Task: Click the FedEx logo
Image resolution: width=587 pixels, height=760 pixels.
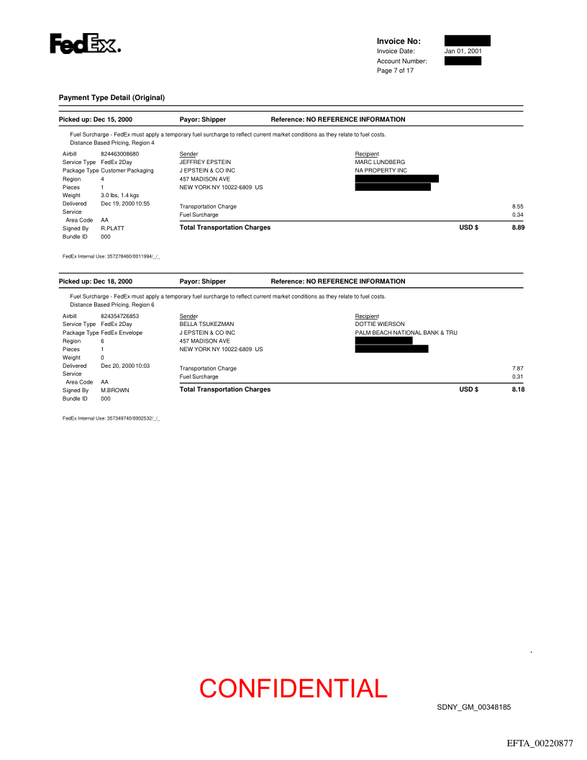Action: click(84, 45)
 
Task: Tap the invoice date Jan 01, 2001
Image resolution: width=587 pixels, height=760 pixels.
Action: click(463, 51)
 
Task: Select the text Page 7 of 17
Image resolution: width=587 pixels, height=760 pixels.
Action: click(395, 71)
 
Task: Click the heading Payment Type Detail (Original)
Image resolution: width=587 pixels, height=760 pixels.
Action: click(112, 97)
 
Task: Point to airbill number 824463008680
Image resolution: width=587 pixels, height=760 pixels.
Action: click(120, 154)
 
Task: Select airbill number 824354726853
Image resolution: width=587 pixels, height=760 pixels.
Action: click(120, 316)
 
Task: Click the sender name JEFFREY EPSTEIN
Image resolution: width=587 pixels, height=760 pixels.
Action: click(205, 163)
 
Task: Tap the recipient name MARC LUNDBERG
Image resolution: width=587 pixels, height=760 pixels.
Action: click(380, 163)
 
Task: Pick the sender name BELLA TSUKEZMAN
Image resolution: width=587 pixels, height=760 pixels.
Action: click(206, 325)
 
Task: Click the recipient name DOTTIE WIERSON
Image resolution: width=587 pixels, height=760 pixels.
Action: click(380, 325)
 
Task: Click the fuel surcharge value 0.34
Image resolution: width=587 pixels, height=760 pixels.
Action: click(517, 215)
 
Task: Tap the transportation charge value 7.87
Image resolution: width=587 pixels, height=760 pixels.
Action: click(517, 368)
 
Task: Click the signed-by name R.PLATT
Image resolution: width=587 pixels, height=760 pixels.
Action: click(112, 228)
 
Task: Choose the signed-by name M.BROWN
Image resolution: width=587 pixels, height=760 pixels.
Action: click(115, 390)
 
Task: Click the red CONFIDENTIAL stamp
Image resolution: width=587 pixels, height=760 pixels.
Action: click(293, 689)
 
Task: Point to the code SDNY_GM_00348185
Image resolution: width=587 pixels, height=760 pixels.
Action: click(473, 707)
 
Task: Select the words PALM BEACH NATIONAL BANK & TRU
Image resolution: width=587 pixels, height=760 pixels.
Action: click(406, 332)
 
